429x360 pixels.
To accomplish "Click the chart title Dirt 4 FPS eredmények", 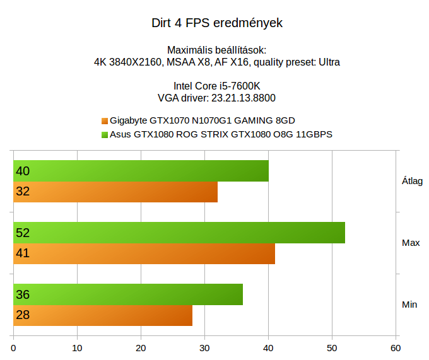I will point(217,23).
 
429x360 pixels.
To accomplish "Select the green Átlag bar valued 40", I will point(141,171).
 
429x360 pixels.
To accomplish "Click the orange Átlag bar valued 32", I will point(115,192).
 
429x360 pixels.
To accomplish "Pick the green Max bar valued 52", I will point(179,233).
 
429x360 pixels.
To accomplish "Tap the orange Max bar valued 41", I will point(144,253).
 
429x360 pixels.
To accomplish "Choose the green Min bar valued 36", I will point(128,294).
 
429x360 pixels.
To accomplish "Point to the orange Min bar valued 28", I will point(103,315).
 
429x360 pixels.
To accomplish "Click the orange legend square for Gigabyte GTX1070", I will point(105,120).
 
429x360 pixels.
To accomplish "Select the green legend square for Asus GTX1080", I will point(105,134).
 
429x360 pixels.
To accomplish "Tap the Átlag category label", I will point(412,181).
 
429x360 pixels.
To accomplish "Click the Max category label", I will point(411,243).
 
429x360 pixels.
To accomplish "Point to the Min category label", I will point(409,305).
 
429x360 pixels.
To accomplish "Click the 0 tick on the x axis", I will point(14,347).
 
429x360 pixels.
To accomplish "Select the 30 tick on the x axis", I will point(204,347).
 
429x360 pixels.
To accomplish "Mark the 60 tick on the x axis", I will point(396,347).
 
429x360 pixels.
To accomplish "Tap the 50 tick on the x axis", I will point(332,347).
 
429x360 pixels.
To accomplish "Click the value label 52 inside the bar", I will point(23,233).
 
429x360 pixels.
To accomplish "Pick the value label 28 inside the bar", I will point(23,315).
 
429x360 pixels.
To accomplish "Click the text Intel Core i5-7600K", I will point(216,86).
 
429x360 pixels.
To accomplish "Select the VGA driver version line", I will point(216,98).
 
